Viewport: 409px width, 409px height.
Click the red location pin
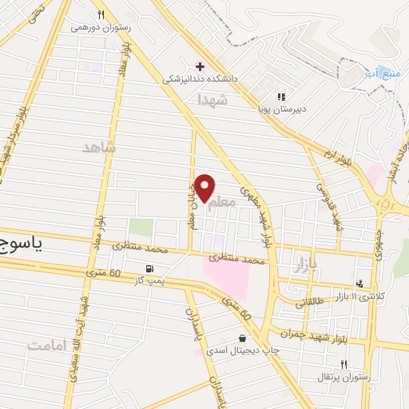tap(205, 188)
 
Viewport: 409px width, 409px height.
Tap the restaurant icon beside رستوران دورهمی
tap(101, 14)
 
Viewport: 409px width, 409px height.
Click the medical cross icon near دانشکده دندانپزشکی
tap(199, 66)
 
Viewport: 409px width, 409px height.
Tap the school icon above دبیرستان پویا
tap(280, 97)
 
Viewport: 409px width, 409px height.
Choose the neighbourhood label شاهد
tap(99, 148)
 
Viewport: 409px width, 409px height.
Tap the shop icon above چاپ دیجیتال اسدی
tap(243, 337)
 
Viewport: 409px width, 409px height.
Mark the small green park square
tap(141, 227)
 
